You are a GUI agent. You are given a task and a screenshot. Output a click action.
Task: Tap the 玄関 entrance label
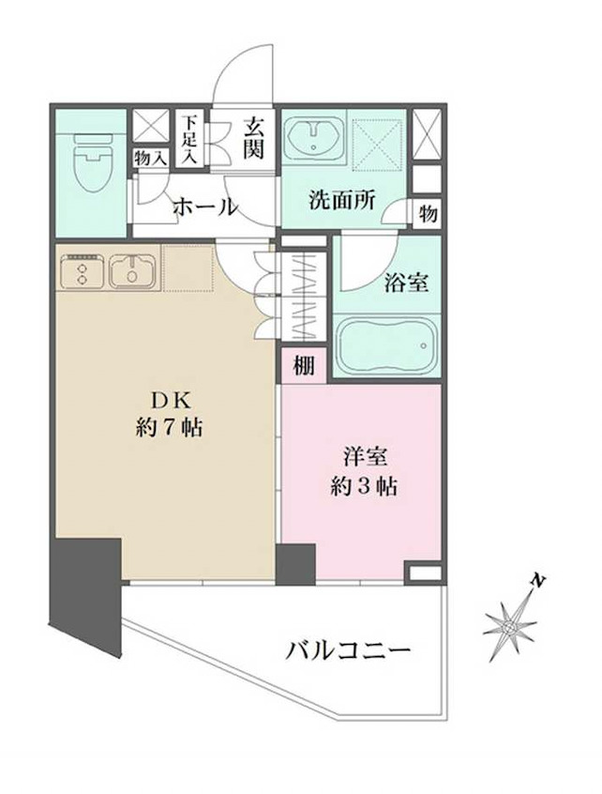coord(253,136)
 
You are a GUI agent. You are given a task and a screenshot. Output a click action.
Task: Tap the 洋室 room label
coord(363,459)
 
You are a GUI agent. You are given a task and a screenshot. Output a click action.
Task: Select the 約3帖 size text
coord(363,487)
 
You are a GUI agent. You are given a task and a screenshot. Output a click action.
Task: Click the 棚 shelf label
coord(302,367)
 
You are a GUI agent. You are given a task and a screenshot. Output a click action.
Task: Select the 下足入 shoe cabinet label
coord(190,139)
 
